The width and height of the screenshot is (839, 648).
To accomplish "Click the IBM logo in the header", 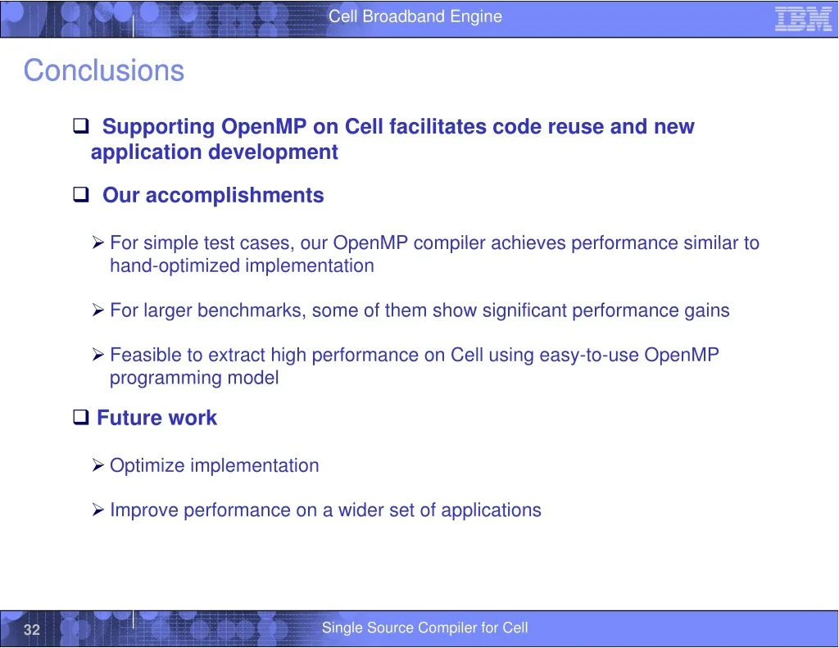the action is pyautogui.click(x=803, y=20).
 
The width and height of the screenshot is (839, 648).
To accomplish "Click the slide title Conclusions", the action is pyautogui.click(x=104, y=70).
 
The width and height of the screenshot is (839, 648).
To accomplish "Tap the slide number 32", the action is pyautogui.click(x=32, y=629).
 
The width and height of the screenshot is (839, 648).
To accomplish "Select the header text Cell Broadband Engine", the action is pyautogui.click(x=415, y=16).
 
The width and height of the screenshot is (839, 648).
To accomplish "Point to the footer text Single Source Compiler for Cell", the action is pyautogui.click(x=425, y=628).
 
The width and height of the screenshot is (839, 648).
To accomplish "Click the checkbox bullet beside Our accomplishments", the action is pyautogui.click(x=81, y=193).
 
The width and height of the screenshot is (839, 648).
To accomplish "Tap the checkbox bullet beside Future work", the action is pyautogui.click(x=81, y=416).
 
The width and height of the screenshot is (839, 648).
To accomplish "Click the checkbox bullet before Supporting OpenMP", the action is pyautogui.click(x=81, y=125).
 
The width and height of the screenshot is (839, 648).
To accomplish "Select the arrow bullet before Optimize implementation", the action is pyautogui.click(x=98, y=465).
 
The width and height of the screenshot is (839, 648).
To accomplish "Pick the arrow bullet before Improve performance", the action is pyautogui.click(x=98, y=510).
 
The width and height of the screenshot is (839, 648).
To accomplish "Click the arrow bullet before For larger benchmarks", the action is pyautogui.click(x=98, y=310).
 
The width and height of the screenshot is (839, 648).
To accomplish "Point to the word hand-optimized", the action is pyautogui.click(x=175, y=266).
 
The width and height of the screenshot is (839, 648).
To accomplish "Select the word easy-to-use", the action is pyautogui.click(x=589, y=356).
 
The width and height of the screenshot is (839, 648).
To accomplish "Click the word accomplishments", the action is pyautogui.click(x=235, y=196).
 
